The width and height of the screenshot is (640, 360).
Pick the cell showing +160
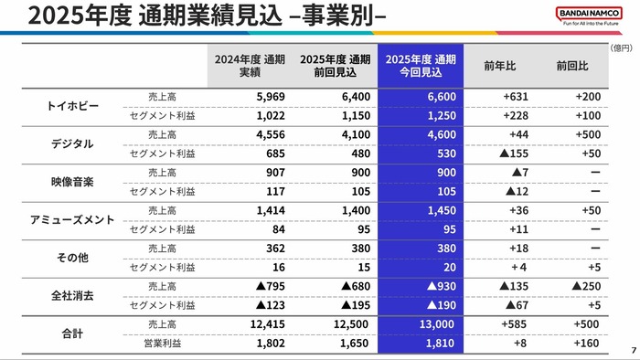(581, 344)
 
